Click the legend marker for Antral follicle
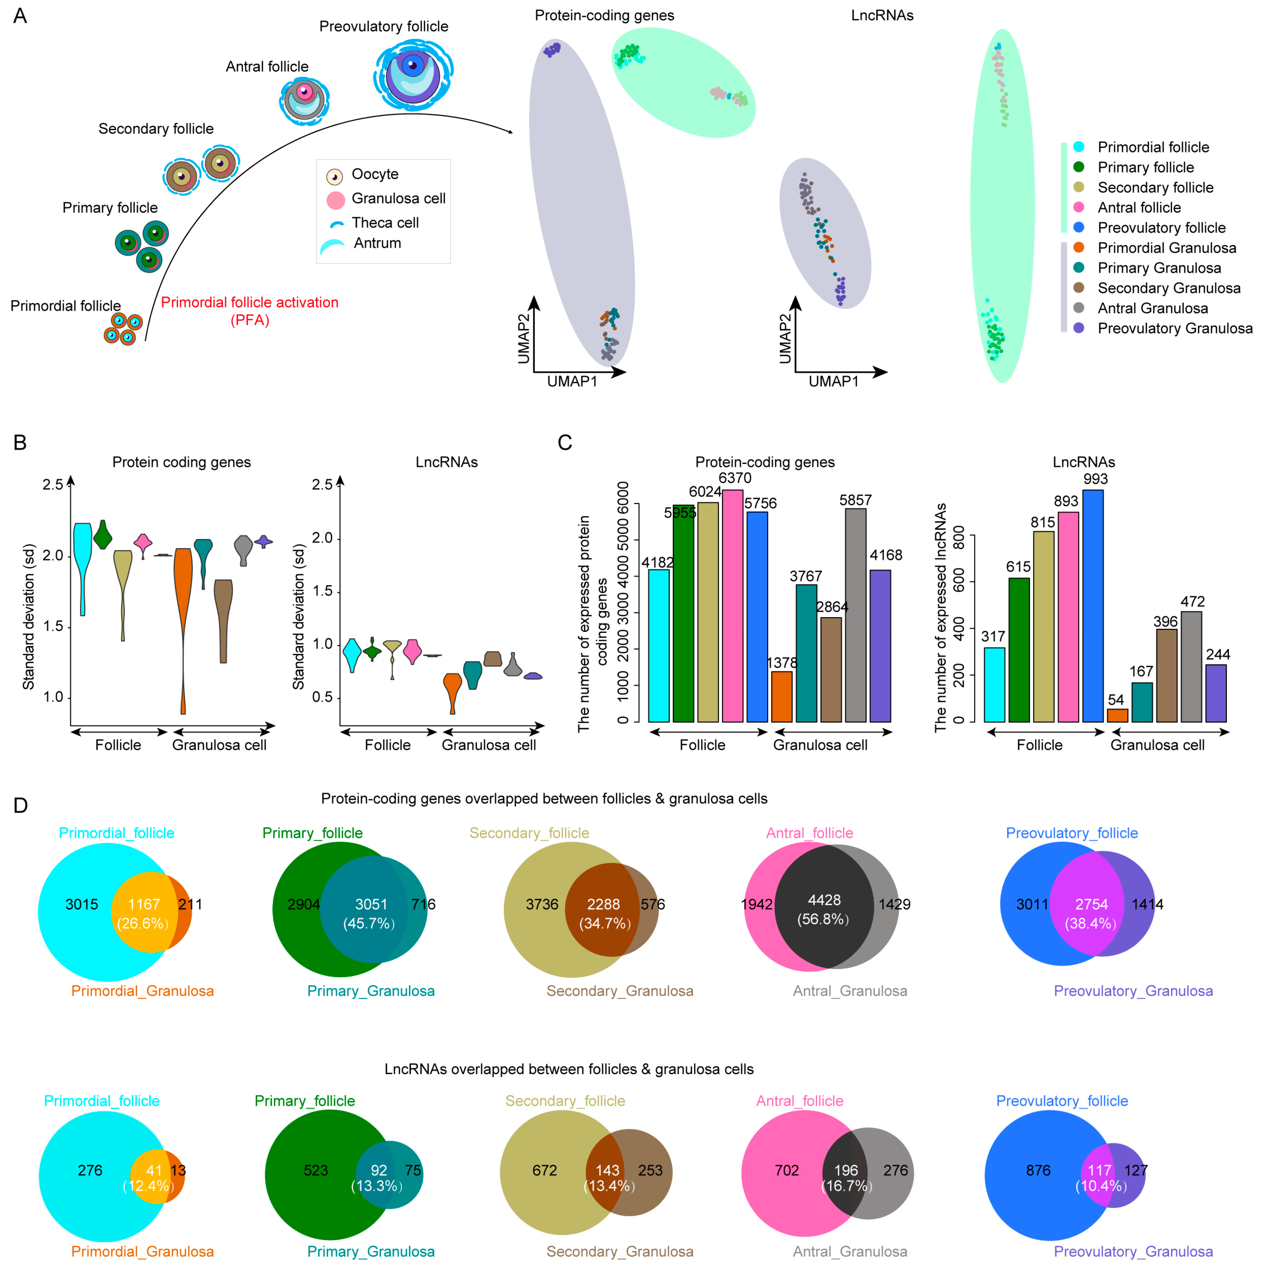(1078, 207)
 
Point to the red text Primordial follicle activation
(249, 303)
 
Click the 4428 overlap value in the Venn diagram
(824, 900)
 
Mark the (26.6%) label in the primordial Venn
(143, 923)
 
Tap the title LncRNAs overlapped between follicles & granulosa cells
(568, 1069)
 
